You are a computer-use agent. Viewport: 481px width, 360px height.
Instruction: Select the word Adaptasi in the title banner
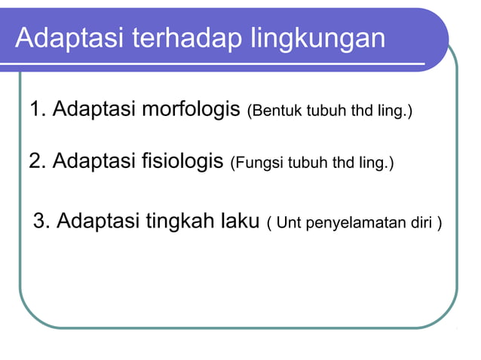[63, 38]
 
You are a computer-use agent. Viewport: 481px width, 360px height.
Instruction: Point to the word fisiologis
[184, 161]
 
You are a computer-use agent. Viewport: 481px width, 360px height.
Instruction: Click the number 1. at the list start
[38, 111]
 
